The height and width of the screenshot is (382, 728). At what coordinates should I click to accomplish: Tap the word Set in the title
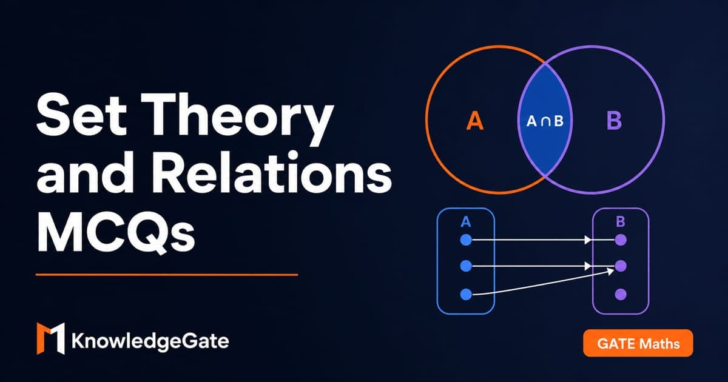81,115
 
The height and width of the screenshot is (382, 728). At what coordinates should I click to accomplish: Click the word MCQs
116,231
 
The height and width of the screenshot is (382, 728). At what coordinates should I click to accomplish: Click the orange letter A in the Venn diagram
475,121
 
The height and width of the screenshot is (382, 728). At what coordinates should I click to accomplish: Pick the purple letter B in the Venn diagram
614,121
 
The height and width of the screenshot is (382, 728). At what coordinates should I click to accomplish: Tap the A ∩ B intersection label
544,121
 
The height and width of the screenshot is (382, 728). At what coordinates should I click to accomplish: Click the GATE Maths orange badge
638,343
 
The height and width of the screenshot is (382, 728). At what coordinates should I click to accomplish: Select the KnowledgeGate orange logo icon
51,338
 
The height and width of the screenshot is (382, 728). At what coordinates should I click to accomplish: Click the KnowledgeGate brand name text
150,341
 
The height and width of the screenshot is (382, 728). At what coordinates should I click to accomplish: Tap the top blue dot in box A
466,240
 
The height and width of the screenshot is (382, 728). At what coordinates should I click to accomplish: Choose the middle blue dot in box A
466,266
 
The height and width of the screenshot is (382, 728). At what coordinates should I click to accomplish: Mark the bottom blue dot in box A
466,294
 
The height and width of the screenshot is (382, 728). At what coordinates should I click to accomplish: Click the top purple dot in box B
621,240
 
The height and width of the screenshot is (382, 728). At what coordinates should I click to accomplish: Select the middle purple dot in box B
621,266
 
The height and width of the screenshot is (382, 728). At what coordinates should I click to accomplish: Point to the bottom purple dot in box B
621,294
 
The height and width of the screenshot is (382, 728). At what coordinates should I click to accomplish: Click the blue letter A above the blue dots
466,222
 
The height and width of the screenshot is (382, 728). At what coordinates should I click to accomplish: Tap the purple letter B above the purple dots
621,222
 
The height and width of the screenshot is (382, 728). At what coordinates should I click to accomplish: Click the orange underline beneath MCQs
167,275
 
